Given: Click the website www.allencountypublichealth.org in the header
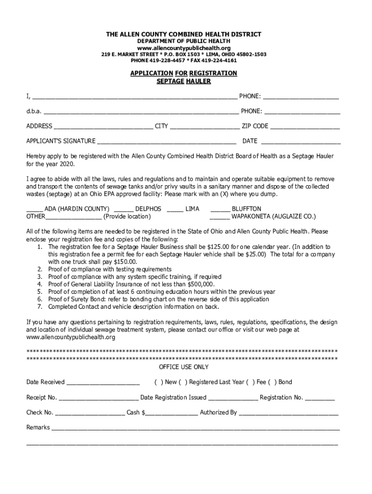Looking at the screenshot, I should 184,48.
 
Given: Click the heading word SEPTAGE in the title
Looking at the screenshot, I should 171,82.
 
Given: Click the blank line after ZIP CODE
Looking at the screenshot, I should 304,127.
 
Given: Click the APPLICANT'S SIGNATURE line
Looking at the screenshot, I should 166,142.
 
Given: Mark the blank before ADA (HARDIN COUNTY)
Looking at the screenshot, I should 34,209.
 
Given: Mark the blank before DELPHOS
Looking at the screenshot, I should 124,209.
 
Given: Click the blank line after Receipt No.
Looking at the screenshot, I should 98,398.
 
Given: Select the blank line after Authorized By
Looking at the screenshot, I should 288,413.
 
